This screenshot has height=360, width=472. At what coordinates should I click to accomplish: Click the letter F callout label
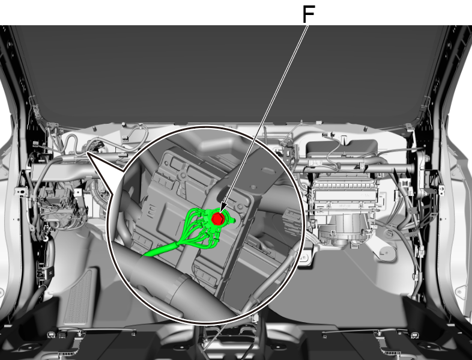coord(309,14)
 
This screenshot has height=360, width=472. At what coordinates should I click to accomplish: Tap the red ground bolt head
coord(217,218)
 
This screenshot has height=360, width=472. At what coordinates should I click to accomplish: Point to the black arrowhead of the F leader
coord(223,208)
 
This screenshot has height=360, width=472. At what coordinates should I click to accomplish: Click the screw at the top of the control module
coord(183,175)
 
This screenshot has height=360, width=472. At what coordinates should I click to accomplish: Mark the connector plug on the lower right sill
coord(415,335)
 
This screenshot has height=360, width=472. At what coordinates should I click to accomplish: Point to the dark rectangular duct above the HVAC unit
coord(342,148)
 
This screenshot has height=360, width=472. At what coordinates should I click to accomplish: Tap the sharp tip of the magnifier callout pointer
coord(87,153)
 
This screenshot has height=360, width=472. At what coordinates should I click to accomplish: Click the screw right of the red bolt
coord(240,207)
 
